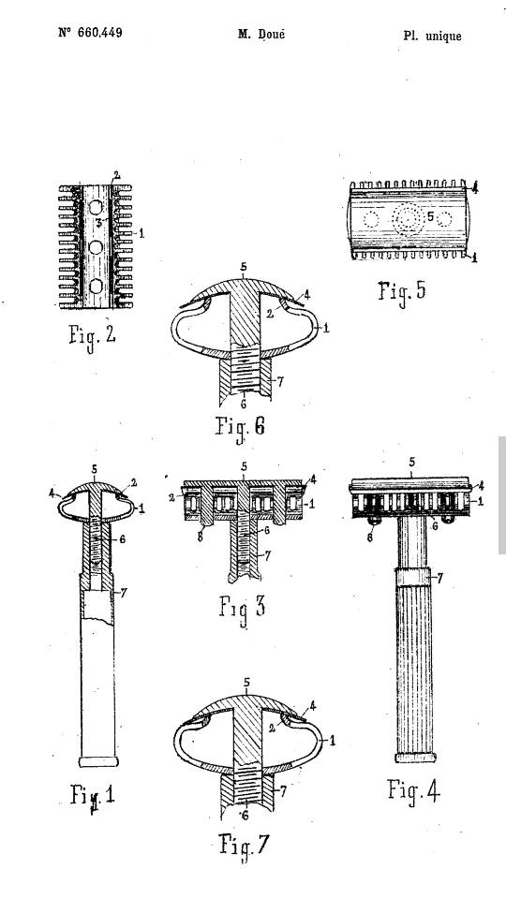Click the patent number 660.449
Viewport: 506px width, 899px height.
(x=91, y=33)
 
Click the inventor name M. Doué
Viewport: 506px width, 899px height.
(x=261, y=34)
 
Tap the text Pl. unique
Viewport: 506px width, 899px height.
(x=432, y=37)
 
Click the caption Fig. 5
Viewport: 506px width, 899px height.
(x=402, y=290)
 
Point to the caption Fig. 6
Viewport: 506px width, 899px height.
(x=241, y=427)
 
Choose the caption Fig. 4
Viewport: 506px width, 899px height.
(x=413, y=791)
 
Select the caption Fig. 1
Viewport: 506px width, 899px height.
(x=93, y=796)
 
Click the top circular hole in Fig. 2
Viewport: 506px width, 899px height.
(x=96, y=208)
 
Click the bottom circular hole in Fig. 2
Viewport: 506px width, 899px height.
(x=96, y=287)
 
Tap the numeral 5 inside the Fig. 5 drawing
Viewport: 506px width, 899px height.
(x=430, y=217)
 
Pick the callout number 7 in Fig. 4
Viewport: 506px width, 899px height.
(x=440, y=579)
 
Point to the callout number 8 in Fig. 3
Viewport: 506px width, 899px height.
(x=200, y=538)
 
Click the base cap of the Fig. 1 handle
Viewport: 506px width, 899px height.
(x=98, y=761)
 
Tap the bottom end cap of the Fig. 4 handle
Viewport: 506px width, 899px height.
(x=415, y=758)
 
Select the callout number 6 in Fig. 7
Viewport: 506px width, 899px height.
(x=245, y=817)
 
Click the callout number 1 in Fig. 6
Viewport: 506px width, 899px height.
(x=326, y=329)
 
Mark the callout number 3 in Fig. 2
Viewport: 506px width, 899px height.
(x=98, y=222)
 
